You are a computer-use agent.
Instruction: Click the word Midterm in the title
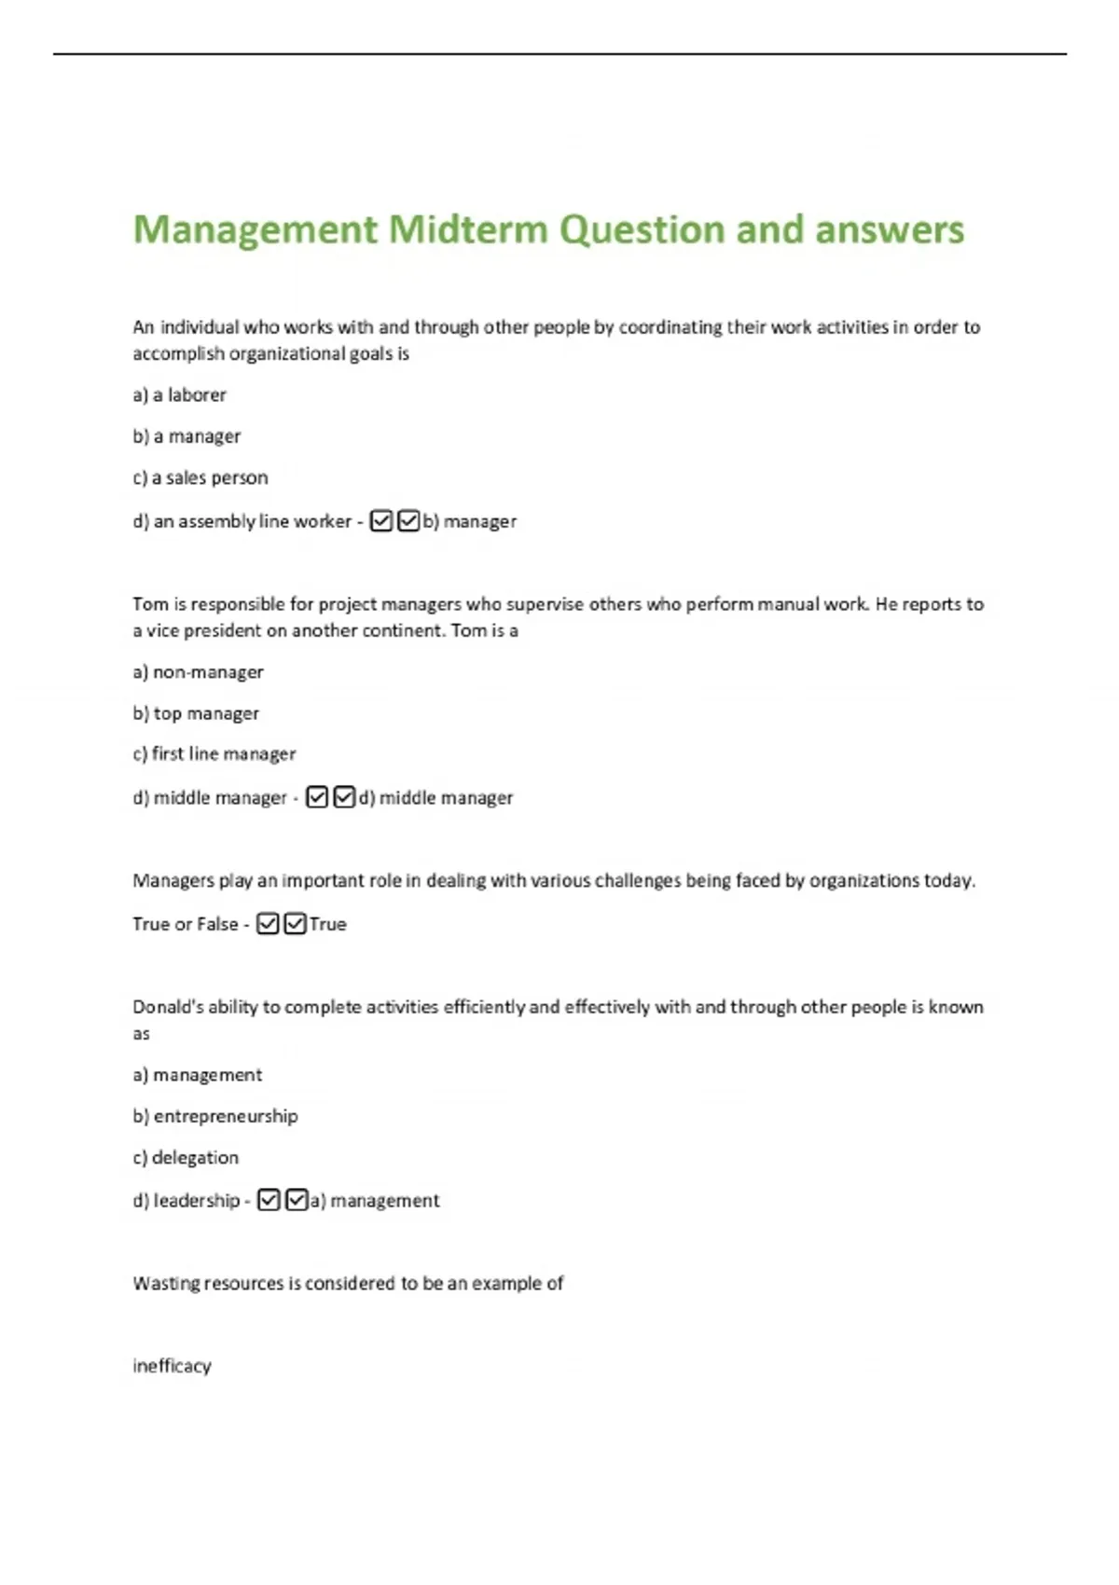(x=467, y=229)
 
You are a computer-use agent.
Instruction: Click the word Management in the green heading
(x=256, y=229)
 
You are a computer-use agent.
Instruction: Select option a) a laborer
(x=179, y=394)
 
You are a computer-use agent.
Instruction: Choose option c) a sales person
(x=200, y=477)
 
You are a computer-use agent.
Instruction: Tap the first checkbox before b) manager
(x=381, y=520)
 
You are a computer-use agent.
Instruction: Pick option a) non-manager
(x=198, y=671)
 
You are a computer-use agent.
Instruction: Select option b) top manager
(x=196, y=713)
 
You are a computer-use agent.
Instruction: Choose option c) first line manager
(x=214, y=753)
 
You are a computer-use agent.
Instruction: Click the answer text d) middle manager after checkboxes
(x=435, y=797)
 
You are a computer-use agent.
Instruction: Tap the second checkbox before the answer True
(x=295, y=923)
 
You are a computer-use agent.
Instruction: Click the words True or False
(x=185, y=924)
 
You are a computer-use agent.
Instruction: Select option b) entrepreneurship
(x=215, y=1116)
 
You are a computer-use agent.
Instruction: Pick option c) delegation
(x=186, y=1157)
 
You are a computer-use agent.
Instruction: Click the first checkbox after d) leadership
(x=269, y=1200)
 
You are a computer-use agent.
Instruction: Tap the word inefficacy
(x=172, y=1366)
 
